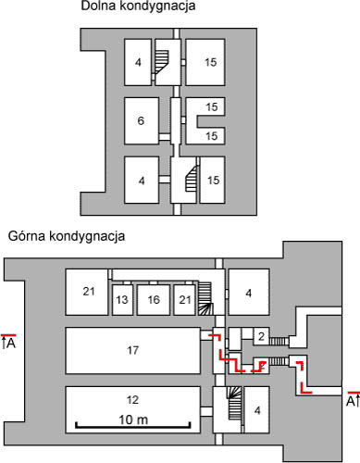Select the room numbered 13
[x=121, y=300]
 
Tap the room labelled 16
[x=153, y=300]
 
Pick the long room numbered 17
[x=131, y=350]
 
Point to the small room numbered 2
[x=262, y=335]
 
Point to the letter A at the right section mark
[x=350, y=402]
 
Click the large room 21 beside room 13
[x=88, y=293]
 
